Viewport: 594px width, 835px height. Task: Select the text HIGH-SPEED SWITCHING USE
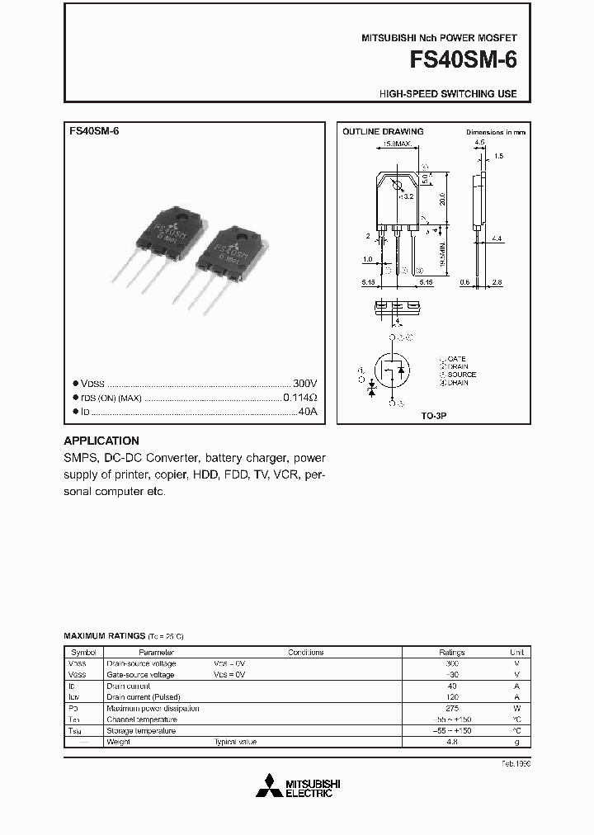tap(448, 94)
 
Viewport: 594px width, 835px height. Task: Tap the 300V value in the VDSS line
tap(304, 384)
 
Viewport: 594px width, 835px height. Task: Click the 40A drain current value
tap(307, 410)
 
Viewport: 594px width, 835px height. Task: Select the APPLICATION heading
tap(101, 441)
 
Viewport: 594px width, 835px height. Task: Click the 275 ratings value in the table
tap(451, 708)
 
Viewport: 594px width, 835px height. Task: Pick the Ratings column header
tap(451, 652)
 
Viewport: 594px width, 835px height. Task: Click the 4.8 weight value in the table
tap(451, 742)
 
